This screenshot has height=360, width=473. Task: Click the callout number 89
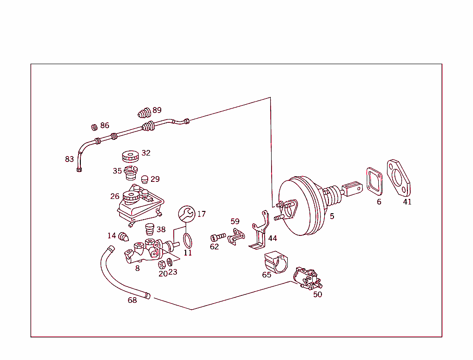pyautogui.click(x=157, y=110)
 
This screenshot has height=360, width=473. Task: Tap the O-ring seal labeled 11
pyautogui.click(x=187, y=240)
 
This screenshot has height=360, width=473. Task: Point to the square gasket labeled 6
pyautogui.click(x=375, y=180)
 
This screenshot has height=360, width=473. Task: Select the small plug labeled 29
pyautogui.click(x=144, y=179)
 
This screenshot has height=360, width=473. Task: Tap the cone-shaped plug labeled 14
pyautogui.click(x=124, y=237)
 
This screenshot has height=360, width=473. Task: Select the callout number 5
pyautogui.click(x=332, y=216)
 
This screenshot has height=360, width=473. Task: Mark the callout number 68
pyautogui.click(x=132, y=300)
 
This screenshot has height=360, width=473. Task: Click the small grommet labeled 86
pyautogui.click(x=94, y=126)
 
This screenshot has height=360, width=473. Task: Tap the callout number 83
pyautogui.click(x=69, y=159)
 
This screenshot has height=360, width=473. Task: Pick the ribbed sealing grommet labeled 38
pyautogui.click(x=149, y=229)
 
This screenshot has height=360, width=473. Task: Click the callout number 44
pyautogui.click(x=273, y=238)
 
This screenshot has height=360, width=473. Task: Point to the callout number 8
pyautogui.click(x=137, y=268)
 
